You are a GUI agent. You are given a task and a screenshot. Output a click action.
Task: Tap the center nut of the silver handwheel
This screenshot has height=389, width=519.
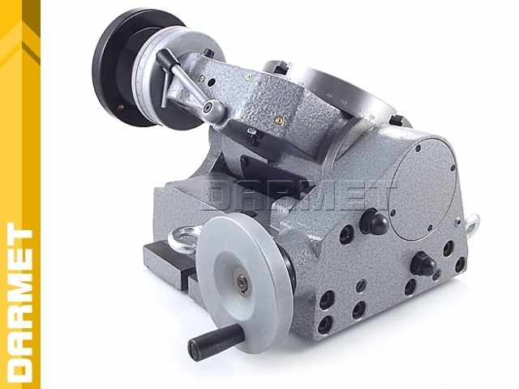242,282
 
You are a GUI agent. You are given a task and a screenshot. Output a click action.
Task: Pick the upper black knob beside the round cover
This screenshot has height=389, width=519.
373,221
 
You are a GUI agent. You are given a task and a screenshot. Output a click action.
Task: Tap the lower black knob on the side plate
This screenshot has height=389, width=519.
422,263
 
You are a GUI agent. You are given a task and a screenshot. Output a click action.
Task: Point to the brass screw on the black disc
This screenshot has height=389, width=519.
121,107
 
